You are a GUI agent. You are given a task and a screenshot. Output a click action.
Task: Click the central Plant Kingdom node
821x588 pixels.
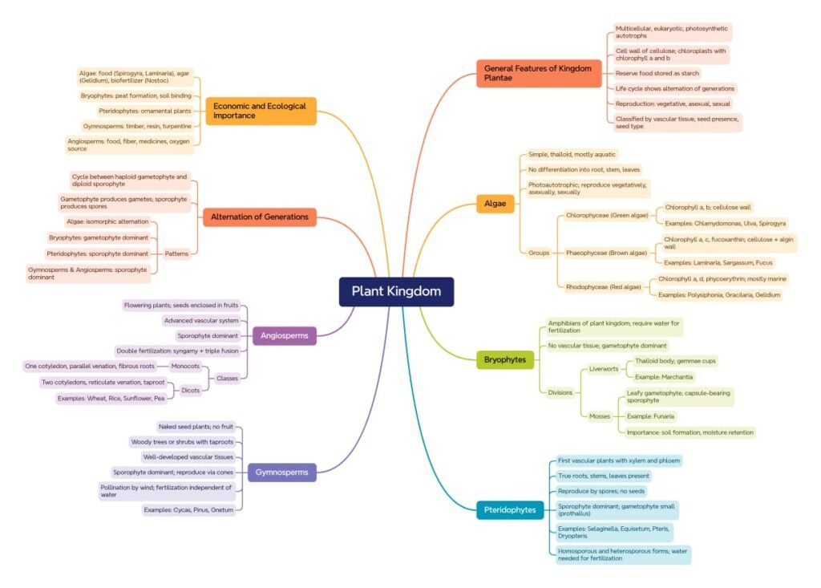(396, 291)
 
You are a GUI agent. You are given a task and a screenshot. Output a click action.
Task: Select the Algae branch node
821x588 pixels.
(495, 204)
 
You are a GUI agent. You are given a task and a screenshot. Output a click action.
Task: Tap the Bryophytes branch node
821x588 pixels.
(505, 359)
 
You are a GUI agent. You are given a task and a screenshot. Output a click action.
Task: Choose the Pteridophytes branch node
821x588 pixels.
(510, 509)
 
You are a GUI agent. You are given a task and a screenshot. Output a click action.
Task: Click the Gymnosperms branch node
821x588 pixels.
(281, 472)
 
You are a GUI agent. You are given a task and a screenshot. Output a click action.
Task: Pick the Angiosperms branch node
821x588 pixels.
(284, 335)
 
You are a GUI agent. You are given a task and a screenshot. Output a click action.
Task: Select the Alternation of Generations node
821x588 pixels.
(260, 217)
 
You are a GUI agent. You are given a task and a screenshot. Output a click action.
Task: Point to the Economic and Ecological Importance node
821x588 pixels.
(261, 110)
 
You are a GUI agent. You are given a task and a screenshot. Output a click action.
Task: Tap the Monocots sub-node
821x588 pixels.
(185, 366)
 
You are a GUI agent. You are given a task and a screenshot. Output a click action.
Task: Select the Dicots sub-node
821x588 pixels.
(191, 390)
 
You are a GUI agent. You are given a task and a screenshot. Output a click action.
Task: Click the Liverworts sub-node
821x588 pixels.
(604, 369)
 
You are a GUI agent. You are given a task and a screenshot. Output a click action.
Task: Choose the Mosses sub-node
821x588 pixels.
(600, 416)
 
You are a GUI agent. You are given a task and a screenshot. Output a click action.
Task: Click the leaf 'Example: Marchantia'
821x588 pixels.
(664, 376)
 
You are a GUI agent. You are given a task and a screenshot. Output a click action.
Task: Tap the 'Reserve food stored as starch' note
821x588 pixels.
(657, 73)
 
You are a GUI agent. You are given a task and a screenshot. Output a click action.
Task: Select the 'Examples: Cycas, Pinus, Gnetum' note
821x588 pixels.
(188, 509)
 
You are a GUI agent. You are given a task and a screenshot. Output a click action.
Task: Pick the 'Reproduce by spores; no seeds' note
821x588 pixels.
(601, 490)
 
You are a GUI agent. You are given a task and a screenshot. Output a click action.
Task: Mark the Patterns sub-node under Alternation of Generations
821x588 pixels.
(176, 253)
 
